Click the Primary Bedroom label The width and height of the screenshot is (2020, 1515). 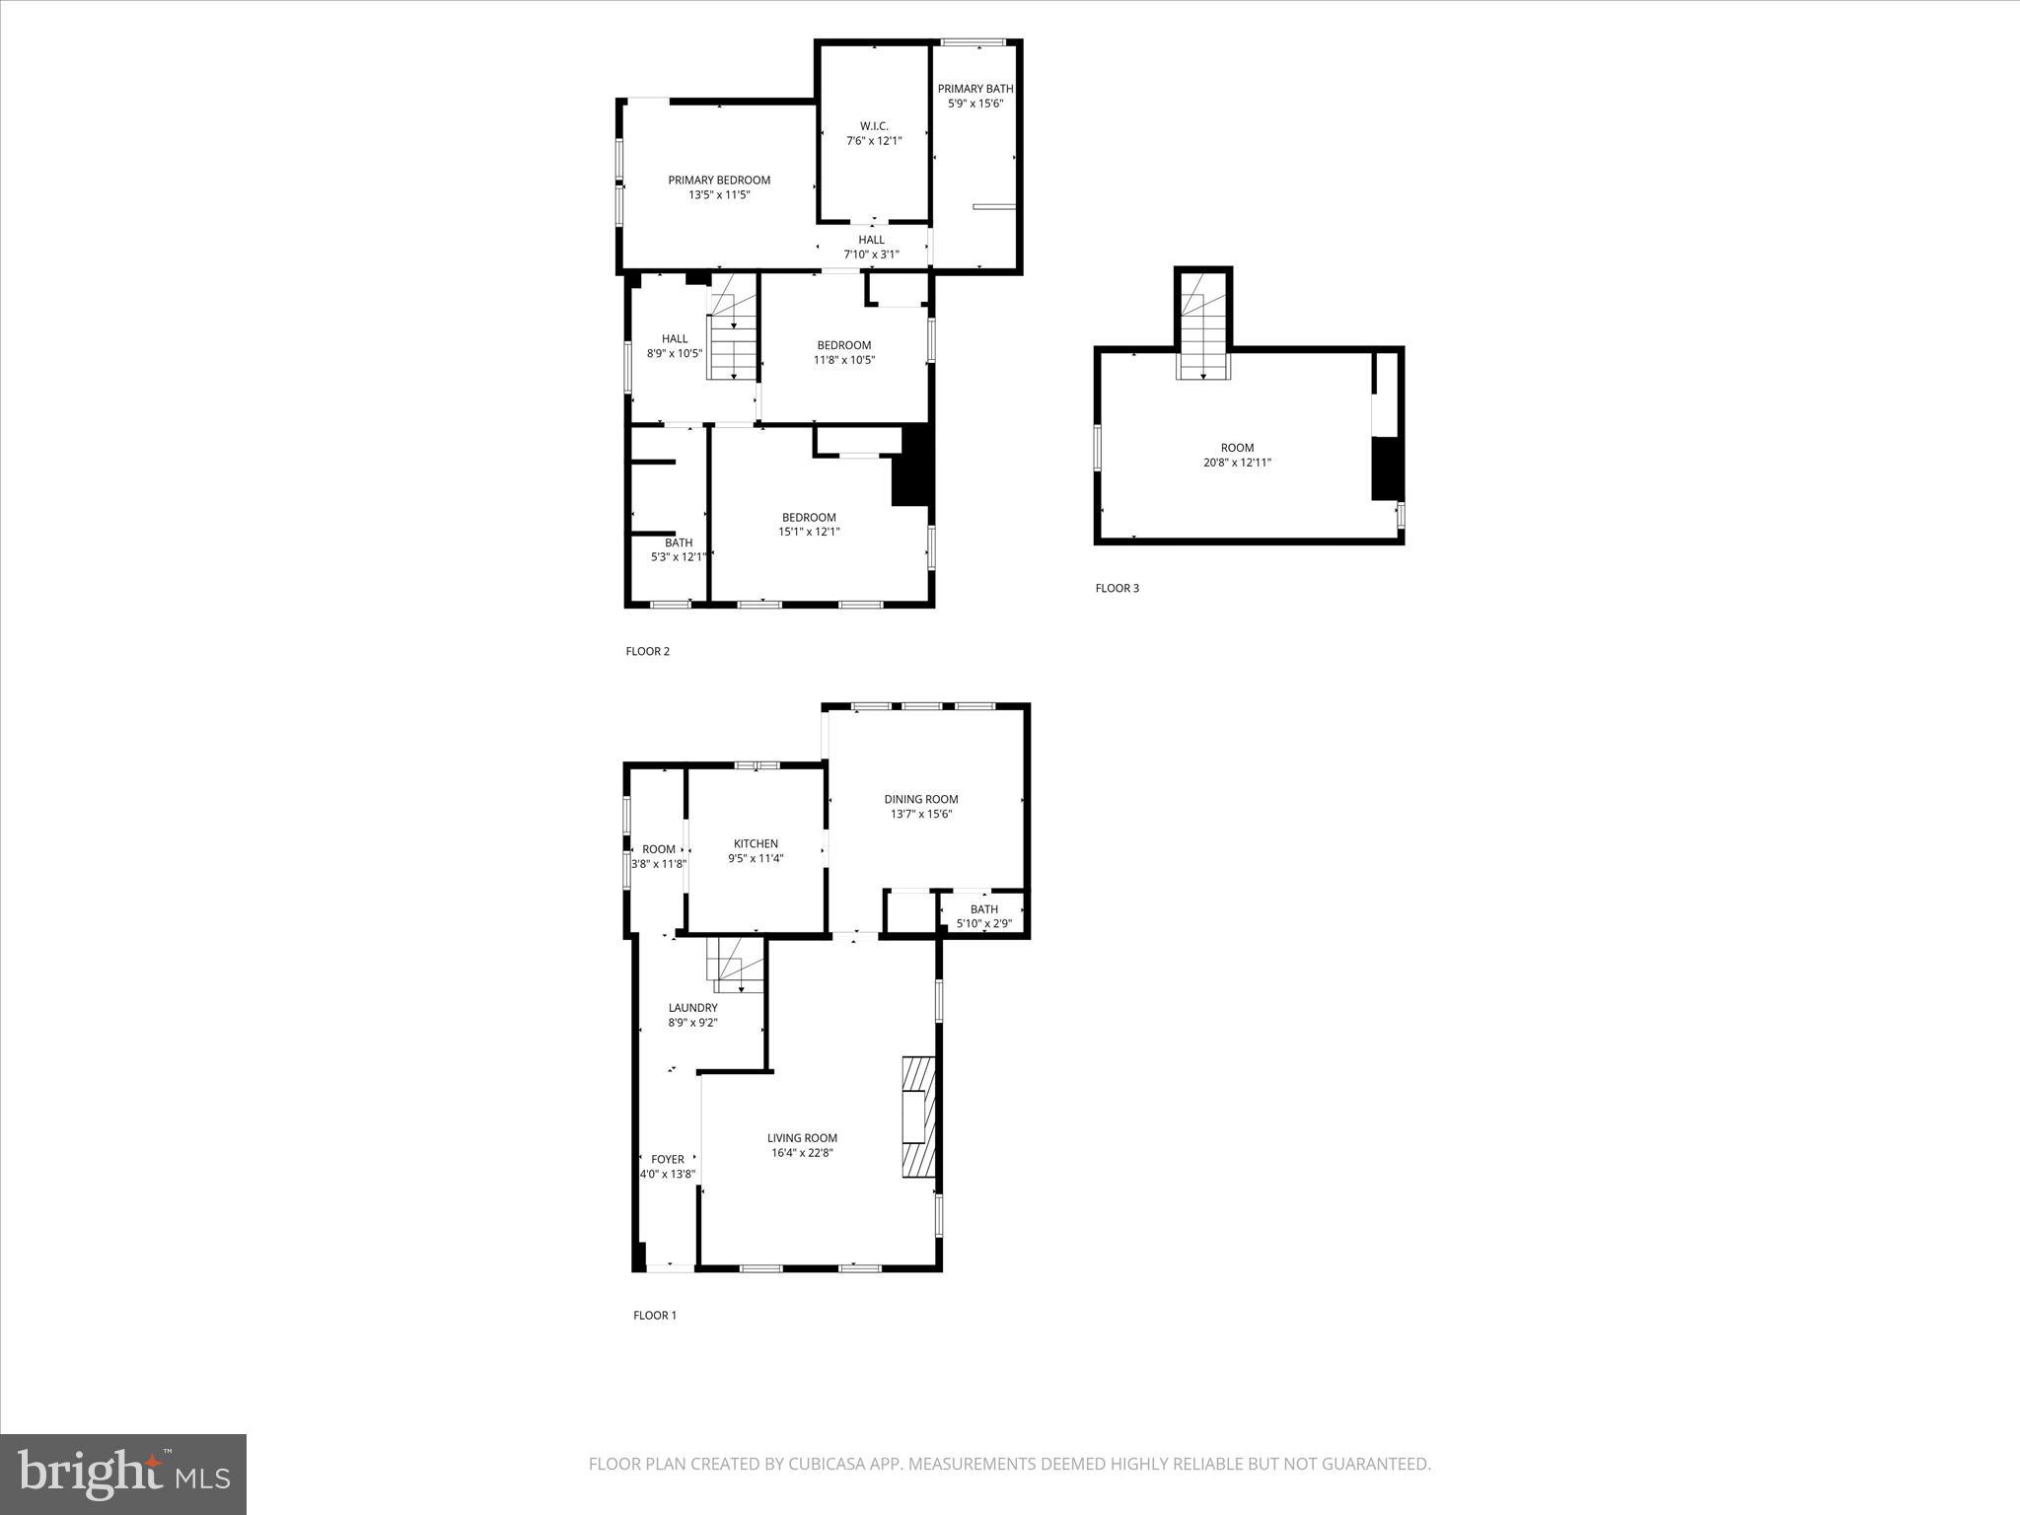pyautogui.click(x=719, y=180)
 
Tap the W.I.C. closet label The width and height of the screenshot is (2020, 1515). pyautogui.click(x=874, y=126)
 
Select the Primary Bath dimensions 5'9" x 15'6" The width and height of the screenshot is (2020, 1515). pyautogui.click(x=975, y=104)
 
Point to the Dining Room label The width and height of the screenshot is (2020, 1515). pyautogui.click(x=921, y=800)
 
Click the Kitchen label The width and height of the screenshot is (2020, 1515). pyautogui.click(x=756, y=844)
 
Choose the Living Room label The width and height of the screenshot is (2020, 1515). pyautogui.click(x=802, y=1138)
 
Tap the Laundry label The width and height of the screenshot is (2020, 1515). pyautogui.click(x=692, y=1008)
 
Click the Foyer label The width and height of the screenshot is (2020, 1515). pyautogui.click(x=668, y=1160)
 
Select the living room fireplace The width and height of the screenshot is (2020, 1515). pyautogui.click(x=918, y=1117)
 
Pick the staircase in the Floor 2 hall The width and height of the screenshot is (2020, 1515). pyautogui.click(x=733, y=330)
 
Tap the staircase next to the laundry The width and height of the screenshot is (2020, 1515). pyautogui.click(x=736, y=966)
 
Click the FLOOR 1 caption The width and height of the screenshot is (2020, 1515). pyautogui.click(x=655, y=1315)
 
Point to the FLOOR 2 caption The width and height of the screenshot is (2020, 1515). pyautogui.click(x=648, y=651)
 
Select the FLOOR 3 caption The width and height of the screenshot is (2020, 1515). pyautogui.click(x=1118, y=589)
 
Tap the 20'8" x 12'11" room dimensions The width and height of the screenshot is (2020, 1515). pyautogui.click(x=1237, y=463)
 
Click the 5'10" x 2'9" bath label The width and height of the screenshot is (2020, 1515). pyautogui.click(x=984, y=924)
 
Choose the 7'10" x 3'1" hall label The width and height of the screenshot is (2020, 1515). pyautogui.click(x=871, y=254)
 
